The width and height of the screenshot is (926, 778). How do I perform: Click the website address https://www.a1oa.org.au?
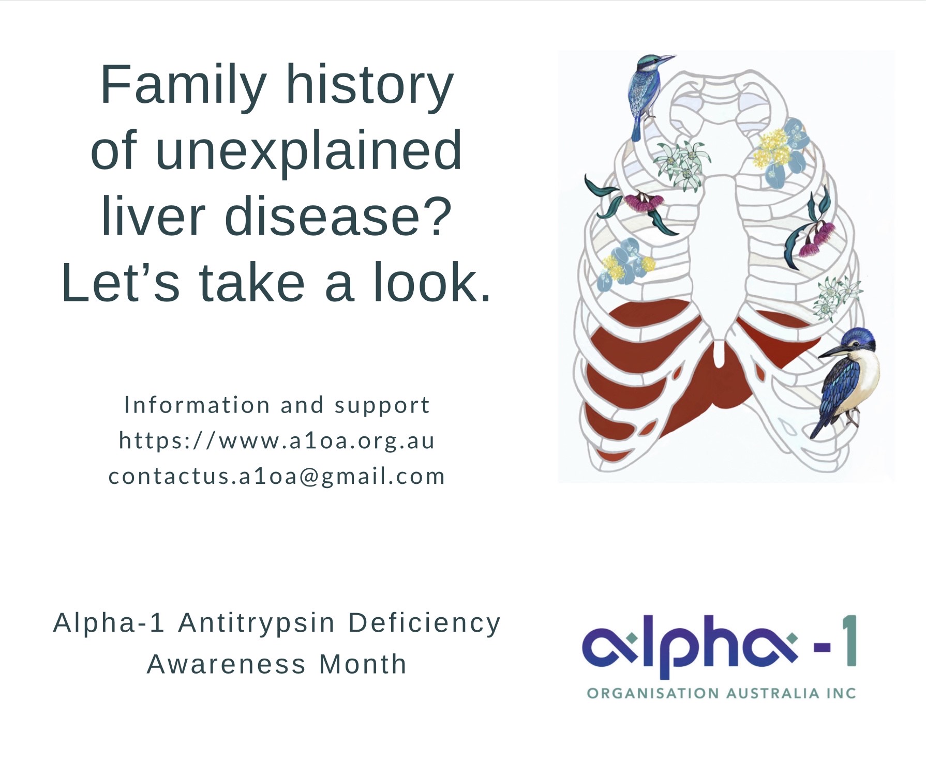point(277,441)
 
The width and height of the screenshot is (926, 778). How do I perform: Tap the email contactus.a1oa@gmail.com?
point(277,477)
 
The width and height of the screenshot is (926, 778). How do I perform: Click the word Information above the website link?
point(197,405)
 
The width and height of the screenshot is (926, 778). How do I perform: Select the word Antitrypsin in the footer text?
point(257,622)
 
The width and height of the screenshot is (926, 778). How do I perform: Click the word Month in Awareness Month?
point(363,664)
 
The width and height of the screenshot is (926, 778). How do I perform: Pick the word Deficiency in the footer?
point(424,623)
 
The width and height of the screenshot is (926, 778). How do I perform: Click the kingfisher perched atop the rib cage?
point(646,93)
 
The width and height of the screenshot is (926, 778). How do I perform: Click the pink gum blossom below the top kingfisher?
point(644,202)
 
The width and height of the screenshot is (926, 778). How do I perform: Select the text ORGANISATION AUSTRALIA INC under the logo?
point(721,693)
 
